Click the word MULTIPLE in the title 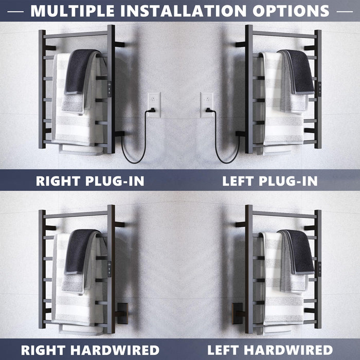coord(72,11)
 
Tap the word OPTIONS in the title coord(291,11)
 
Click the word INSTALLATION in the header coord(183,11)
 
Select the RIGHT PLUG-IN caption coord(90,181)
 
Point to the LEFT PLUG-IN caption coord(270,181)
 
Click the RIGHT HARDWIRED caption coord(90,350)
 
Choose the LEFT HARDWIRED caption coord(270,350)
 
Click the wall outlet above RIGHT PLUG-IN coord(154,105)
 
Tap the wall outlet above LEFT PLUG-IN coord(207,105)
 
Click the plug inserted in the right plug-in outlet coord(151,111)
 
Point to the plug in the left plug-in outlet coord(209,111)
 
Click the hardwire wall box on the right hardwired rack coord(122,313)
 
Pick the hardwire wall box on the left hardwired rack coord(238,313)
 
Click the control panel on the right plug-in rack coord(109,89)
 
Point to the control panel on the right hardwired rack coord(109,269)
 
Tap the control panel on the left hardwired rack coord(319,269)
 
